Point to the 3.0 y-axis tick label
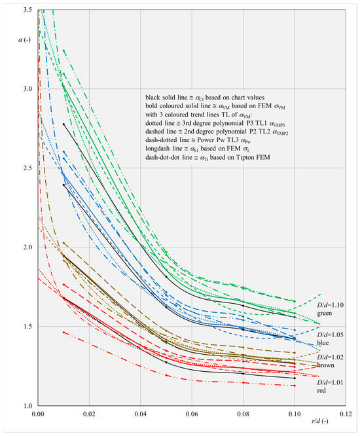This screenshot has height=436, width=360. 27,89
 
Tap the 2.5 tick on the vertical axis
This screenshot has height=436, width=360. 27,168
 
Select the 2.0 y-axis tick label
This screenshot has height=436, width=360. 27,247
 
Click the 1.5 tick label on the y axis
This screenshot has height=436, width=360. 27,326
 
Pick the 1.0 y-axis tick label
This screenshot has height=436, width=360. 27,405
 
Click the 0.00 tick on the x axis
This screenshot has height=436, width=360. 39,414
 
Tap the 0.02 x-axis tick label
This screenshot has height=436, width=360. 90,414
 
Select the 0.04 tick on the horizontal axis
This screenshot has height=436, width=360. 141,414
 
